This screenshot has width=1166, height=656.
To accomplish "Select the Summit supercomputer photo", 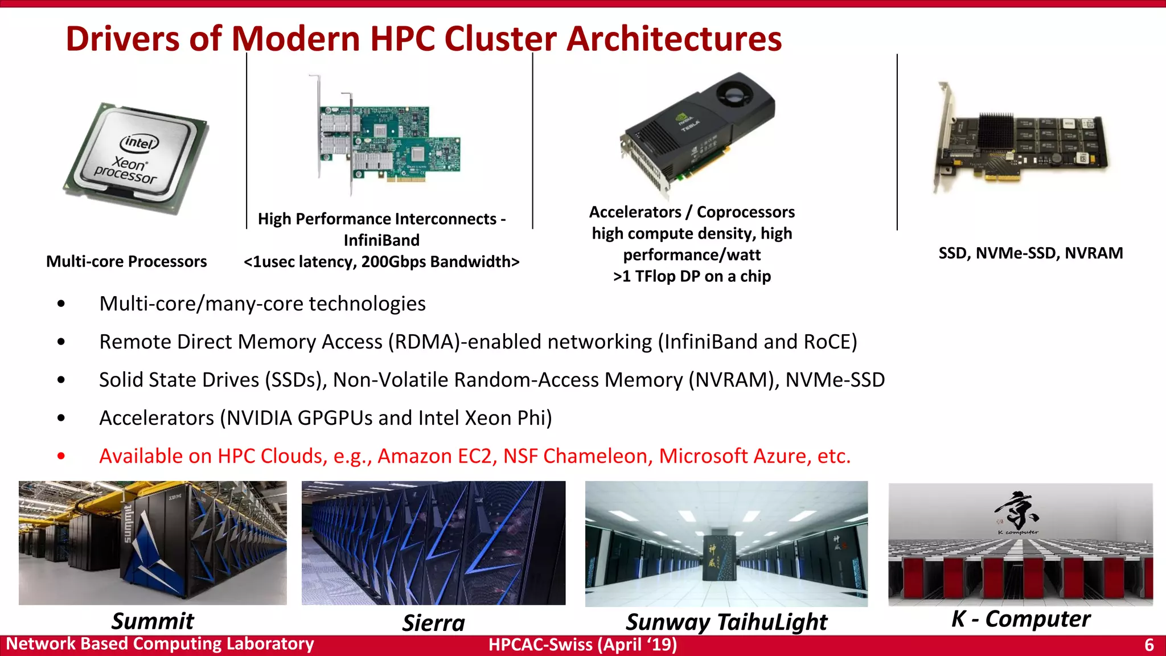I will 153,542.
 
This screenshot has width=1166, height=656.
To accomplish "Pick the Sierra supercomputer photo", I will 433,542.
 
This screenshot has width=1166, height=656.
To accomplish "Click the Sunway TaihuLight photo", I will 726,543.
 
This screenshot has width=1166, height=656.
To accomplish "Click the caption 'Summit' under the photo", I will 153,621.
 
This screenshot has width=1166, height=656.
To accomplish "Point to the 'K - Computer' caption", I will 1021,618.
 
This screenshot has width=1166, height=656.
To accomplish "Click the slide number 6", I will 1149,645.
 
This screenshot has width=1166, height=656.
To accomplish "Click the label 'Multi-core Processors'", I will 126,261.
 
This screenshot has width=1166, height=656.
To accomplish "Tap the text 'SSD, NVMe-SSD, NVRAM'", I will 1030,253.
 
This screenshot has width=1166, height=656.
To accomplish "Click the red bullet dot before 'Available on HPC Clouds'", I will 61,456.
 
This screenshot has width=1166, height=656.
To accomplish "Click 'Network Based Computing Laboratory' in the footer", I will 160,644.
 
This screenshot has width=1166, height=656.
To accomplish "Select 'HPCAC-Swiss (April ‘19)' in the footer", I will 582,645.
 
